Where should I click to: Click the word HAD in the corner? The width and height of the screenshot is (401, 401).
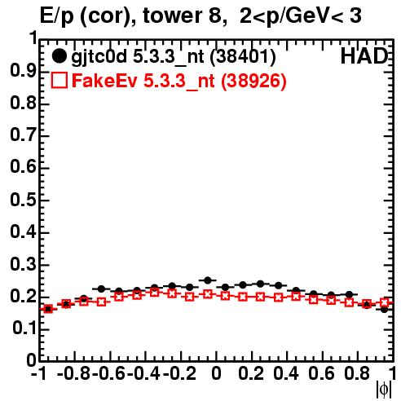(364, 56)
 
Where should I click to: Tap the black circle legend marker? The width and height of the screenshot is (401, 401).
(59, 56)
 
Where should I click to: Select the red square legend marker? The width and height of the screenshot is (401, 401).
(59, 80)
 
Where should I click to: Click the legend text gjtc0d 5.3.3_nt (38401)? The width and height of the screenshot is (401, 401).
(174, 57)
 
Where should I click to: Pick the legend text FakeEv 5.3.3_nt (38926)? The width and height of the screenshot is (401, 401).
(179, 81)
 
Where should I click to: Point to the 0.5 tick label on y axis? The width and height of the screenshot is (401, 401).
(24, 200)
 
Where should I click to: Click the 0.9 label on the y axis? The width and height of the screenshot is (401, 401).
(24, 71)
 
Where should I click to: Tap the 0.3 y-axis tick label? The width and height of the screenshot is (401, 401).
(24, 264)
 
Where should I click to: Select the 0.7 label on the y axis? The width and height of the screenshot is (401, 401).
(24, 135)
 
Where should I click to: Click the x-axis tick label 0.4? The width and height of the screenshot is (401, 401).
(286, 373)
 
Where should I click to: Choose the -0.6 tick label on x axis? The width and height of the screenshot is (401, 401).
(108, 373)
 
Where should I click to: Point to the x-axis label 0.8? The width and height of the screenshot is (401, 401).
(357, 373)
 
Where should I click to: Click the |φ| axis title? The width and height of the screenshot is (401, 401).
(384, 390)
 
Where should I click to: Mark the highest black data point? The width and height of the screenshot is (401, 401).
(208, 280)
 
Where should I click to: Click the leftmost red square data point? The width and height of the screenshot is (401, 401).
(48, 309)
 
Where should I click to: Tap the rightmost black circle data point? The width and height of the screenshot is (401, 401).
(384, 309)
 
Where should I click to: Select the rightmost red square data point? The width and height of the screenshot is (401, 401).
(385, 302)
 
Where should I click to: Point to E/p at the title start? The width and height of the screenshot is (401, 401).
(57, 17)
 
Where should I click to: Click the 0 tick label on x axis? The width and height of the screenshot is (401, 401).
(216, 373)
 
